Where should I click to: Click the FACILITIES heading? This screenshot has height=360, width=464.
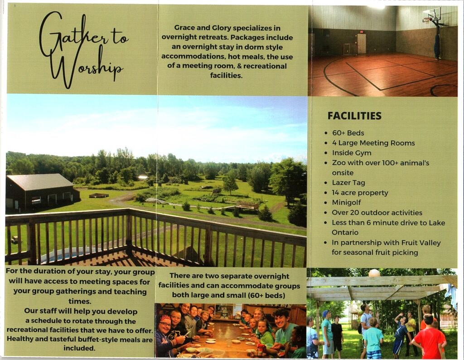[354, 116]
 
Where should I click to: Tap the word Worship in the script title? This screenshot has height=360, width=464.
[86, 67]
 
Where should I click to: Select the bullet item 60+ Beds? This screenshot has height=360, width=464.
[348, 133]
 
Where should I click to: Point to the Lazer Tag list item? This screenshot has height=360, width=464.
[348, 183]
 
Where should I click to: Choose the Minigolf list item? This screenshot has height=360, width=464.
[346, 203]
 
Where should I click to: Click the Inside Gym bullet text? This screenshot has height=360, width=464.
[351, 153]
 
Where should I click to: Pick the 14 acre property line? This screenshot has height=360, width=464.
[360, 193]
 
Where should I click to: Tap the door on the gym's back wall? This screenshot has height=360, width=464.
[361, 44]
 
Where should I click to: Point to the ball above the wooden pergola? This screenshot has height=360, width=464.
[374, 272]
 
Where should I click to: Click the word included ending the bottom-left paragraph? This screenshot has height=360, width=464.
[79, 348]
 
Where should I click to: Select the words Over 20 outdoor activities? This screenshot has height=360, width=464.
[377, 213]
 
